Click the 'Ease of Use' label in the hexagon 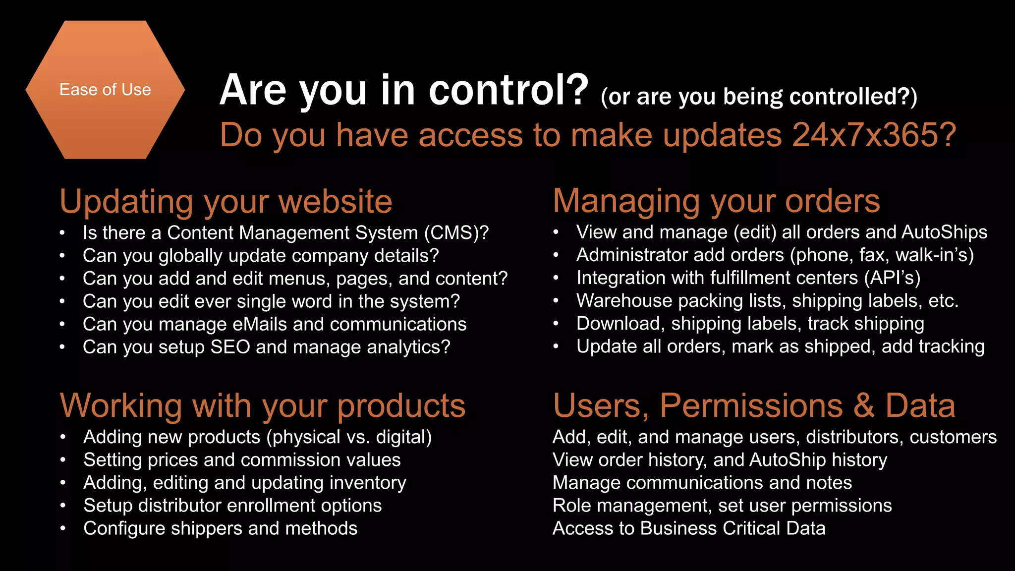pyautogui.click(x=105, y=90)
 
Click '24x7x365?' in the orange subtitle pyautogui.click(x=874, y=135)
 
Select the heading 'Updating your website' pyautogui.click(x=226, y=202)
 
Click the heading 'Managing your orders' pyautogui.click(x=716, y=201)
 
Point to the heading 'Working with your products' pyautogui.click(x=263, y=406)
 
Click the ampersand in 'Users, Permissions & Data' pyautogui.click(x=863, y=406)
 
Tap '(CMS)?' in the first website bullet pyautogui.click(x=456, y=232)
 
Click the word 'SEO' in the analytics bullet pyautogui.click(x=230, y=347)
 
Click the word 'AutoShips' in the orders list pyautogui.click(x=944, y=232)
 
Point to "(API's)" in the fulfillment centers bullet pyautogui.click(x=892, y=278)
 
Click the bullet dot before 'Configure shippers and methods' pyautogui.click(x=63, y=529)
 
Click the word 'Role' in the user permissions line pyautogui.click(x=571, y=506)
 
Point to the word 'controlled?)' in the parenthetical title pyautogui.click(x=853, y=97)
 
